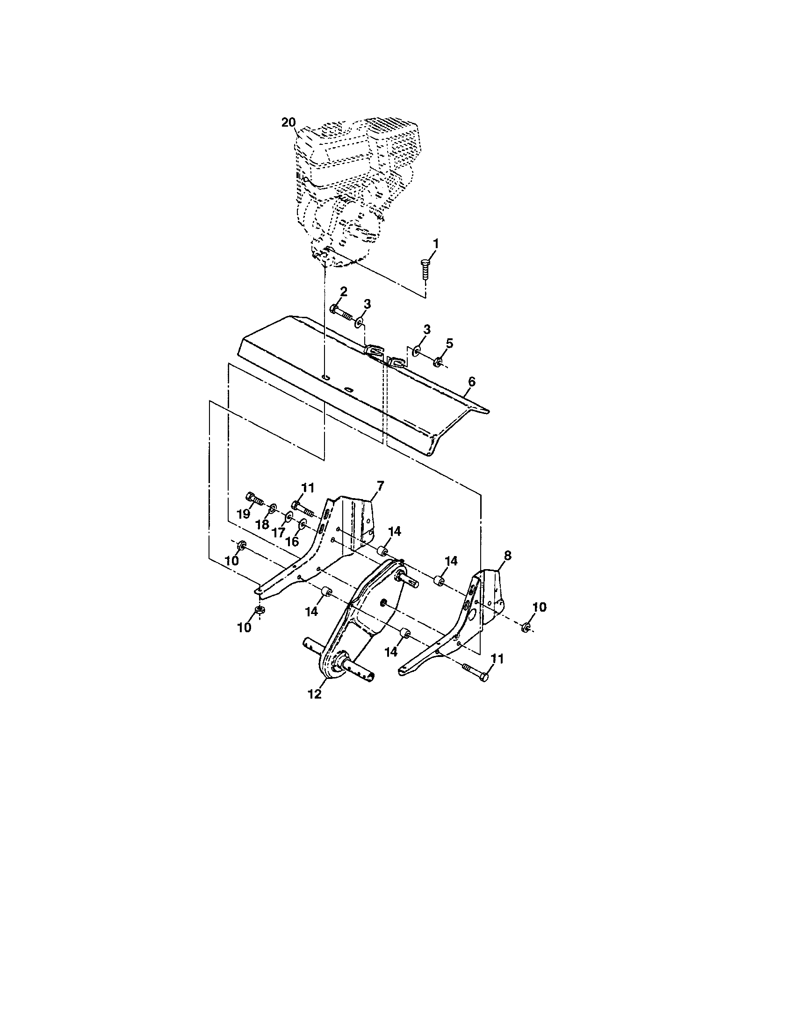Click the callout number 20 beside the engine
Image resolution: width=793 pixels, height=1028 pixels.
click(x=288, y=122)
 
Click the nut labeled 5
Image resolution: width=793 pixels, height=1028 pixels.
click(x=437, y=362)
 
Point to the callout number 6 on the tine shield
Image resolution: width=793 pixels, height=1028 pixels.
click(x=472, y=382)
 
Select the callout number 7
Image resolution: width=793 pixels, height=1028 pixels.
click(x=380, y=485)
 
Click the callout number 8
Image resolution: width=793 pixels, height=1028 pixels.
click(x=507, y=556)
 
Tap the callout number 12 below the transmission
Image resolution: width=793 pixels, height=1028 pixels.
click(x=314, y=694)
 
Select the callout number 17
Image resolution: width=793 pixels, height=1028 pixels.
click(x=278, y=533)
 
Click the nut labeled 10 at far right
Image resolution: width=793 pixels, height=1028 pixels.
click(x=526, y=626)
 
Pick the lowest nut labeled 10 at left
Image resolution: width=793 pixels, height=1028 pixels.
click(x=259, y=609)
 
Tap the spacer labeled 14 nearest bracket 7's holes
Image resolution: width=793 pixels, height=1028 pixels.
click(x=383, y=550)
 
